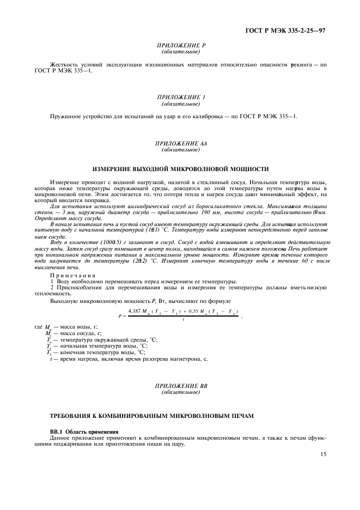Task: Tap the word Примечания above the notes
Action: (73, 275)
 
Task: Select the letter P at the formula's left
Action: (119, 315)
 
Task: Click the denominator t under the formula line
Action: (184, 319)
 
